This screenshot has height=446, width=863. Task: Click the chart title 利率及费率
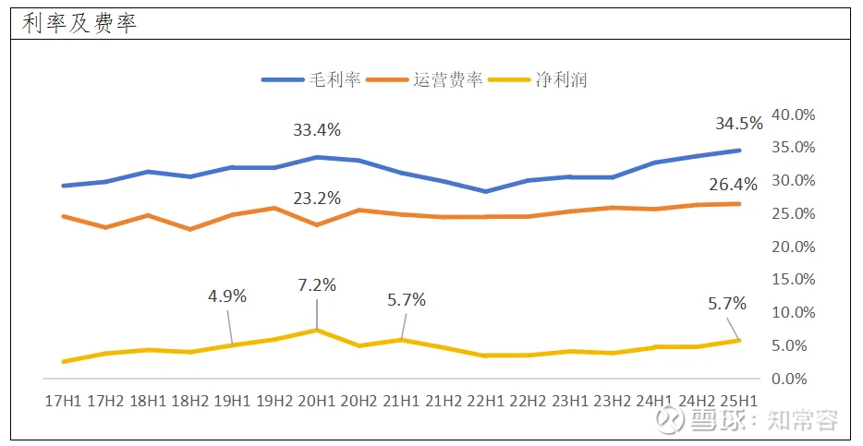[x=79, y=23]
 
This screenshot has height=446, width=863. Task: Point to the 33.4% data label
[x=317, y=130]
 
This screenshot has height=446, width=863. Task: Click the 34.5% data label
[x=738, y=123]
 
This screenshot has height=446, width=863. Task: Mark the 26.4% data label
[x=733, y=184]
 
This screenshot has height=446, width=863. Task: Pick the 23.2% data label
[x=317, y=198]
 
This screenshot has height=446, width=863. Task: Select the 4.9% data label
[x=227, y=296]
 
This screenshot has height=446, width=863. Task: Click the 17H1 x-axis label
[x=63, y=400]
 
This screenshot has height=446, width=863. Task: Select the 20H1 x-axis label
[x=317, y=400]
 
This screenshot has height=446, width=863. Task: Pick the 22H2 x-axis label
[x=528, y=400]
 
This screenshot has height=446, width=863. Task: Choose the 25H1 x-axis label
[x=738, y=400]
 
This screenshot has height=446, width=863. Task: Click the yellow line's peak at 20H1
[x=317, y=330]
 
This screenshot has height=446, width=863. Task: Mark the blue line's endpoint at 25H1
[x=738, y=150]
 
